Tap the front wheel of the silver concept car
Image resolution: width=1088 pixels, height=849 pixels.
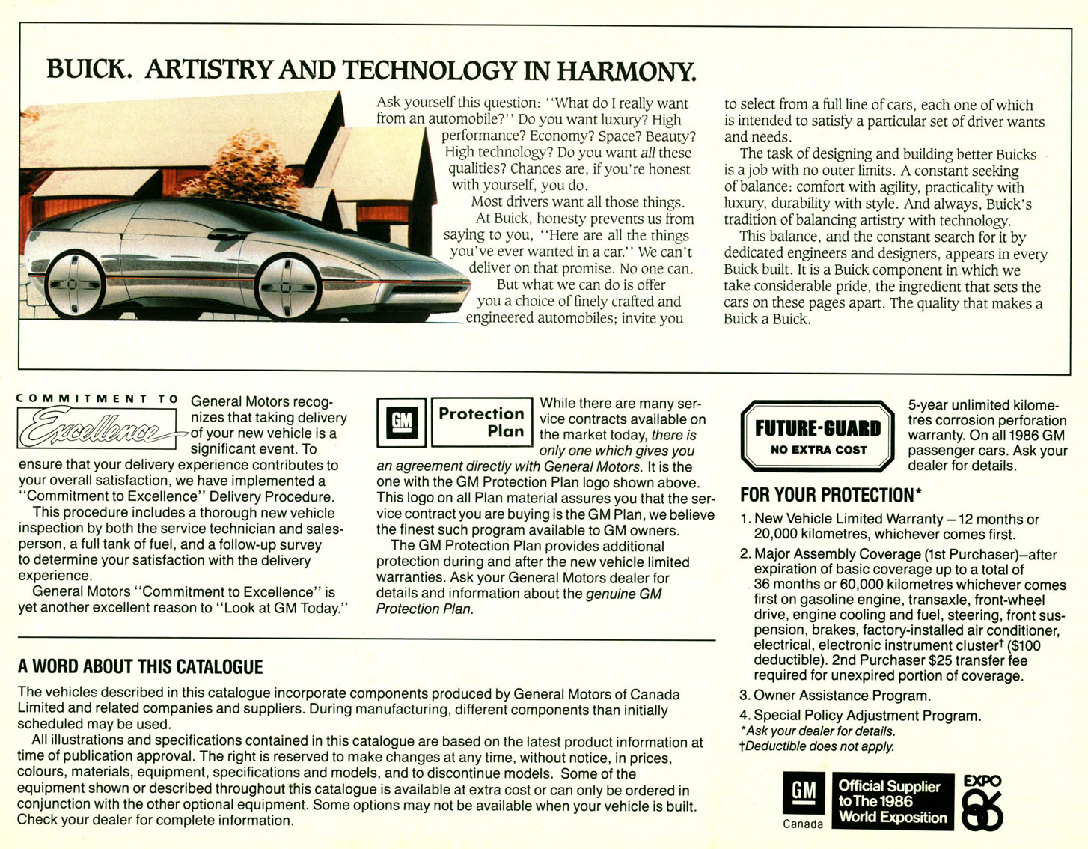pos(287,286)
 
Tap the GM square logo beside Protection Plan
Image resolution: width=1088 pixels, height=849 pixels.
pos(402,422)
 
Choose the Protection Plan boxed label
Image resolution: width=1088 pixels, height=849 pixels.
pos(482,422)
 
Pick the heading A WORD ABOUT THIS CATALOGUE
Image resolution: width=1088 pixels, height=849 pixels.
pos(141,667)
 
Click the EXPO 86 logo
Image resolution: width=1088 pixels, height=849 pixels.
pos(982,803)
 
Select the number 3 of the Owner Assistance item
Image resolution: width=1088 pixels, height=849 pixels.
pos(744,696)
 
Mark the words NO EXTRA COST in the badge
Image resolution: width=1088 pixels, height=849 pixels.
pos(819,450)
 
